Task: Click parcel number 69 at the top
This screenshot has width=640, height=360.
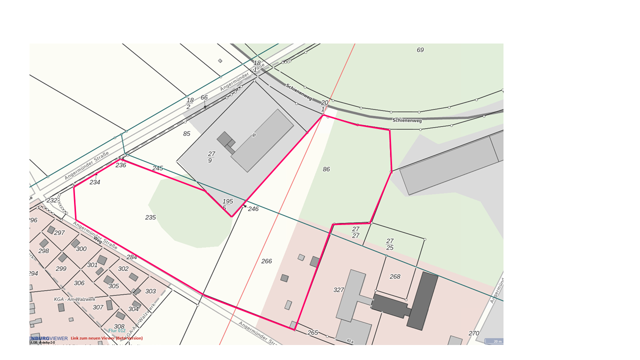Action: click(x=420, y=50)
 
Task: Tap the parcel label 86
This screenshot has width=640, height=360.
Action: click(x=326, y=169)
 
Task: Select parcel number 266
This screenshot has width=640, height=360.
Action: click(x=266, y=261)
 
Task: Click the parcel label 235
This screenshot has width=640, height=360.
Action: click(x=150, y=217)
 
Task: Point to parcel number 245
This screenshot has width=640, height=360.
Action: click(x=157, y=168)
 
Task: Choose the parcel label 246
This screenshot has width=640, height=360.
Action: click(x=253, y=209)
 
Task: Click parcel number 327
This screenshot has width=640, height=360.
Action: click(x=338, y=290)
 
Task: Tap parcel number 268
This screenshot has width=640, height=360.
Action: click(x=395, y=276)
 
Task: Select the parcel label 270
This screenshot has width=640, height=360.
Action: click(x=473, y=333)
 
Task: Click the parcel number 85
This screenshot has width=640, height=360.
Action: click(x=186, y=134)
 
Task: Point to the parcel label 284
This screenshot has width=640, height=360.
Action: click(x=131, y=257)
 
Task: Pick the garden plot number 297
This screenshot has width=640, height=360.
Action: click(x=59, y=233)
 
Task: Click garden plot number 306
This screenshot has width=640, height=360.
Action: click(x=79, y=283)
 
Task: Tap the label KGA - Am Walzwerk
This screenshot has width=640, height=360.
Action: click(x=74, y=299)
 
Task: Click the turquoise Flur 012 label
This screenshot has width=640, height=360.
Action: click(x=117, y=330)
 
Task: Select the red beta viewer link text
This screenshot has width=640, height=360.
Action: click(x=106, y=338)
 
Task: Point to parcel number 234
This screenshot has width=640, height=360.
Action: click(x=95, y=182)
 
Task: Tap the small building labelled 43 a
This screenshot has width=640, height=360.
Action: click(x=350, y=341)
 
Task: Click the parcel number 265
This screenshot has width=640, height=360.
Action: click(x=312, y=333)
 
